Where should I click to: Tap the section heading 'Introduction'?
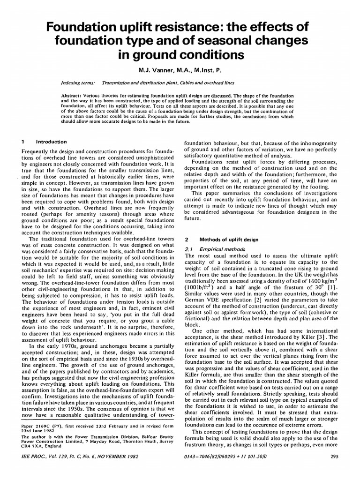(x=52, y=142)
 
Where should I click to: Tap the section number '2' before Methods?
(x=186, y=239)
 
